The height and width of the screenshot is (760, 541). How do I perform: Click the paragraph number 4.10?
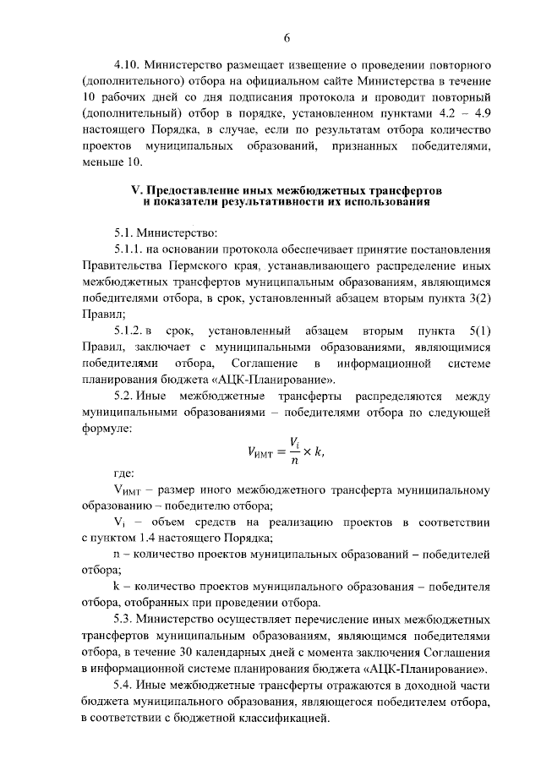pos(129,64)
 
